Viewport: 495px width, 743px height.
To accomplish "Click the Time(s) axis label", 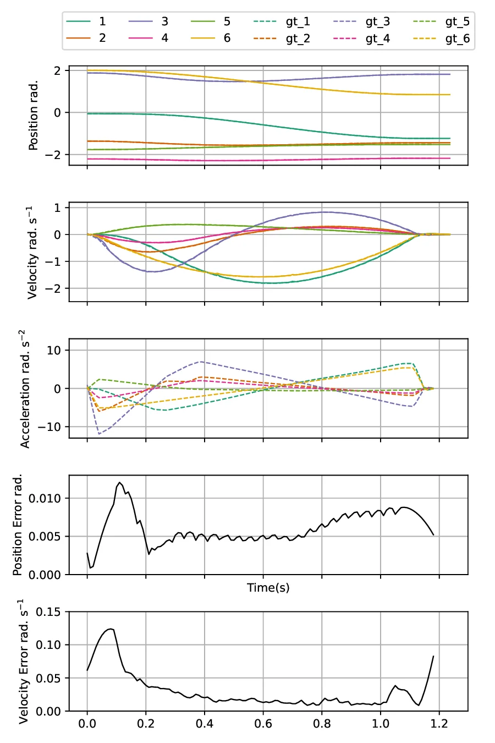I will point(268,588).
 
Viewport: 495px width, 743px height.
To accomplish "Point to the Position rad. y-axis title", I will point(34,116).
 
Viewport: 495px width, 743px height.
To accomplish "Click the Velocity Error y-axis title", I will point(23,660).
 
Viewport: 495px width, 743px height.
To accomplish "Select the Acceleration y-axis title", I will point(25,389).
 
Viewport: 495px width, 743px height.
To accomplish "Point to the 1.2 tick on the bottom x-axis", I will point(439,723).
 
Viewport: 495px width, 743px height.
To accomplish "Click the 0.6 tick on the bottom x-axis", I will point(263,723).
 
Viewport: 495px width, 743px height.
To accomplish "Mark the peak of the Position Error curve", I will point(119,483).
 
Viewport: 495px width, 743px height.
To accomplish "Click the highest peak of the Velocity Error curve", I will point(111,629).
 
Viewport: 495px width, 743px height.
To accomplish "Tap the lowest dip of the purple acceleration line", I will point(99,434).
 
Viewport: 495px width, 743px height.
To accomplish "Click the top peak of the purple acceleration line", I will point(201,362).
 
